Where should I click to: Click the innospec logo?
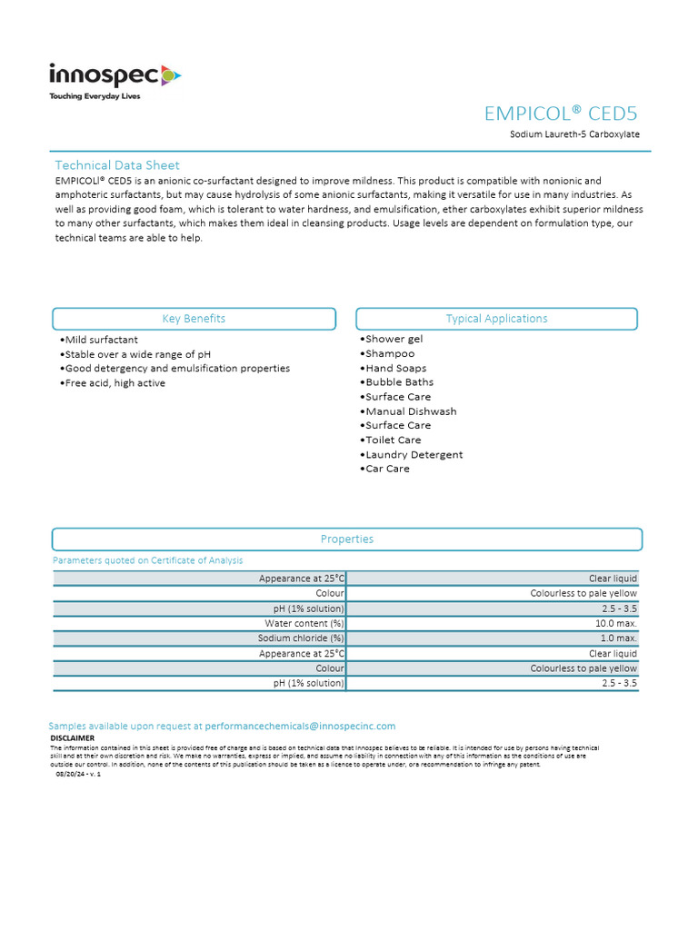(x=115, y=75)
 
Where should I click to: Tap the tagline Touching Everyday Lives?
(x=95, y=96)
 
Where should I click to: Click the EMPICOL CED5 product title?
(x=561, y=114)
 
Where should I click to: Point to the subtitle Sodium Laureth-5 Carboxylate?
(x=574, y=134)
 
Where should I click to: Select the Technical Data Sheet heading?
(x=117, y=165)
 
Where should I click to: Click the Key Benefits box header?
(x=194, y=319)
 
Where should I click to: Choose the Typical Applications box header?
(x=496, y=319)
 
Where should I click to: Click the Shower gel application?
(x=392, y=339)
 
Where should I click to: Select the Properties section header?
(x=347, y=539)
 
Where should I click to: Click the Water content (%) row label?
(x=304, y=624)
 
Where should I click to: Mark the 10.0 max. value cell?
(x=618, y=624)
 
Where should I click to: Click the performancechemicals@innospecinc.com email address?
(x=301, y=727)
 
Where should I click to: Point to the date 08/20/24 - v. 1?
(x=78, y=774)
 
